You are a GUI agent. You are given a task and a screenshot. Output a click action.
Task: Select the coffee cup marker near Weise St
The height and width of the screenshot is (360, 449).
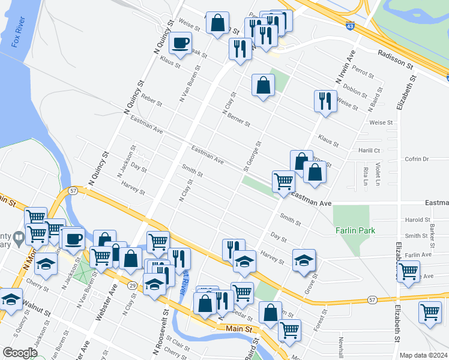point(181,43)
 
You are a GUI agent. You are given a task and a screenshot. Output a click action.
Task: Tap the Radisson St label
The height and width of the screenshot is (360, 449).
point(396,59)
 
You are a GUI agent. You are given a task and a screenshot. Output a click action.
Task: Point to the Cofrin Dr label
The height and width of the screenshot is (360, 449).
point(417,159)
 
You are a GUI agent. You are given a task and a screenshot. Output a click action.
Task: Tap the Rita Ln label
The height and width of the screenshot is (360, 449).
point(366,176)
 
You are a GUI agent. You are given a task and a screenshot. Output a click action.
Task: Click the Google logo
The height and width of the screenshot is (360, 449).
point(20,353)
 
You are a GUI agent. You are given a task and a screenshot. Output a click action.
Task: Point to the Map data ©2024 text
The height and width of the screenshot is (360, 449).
point(423,355)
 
